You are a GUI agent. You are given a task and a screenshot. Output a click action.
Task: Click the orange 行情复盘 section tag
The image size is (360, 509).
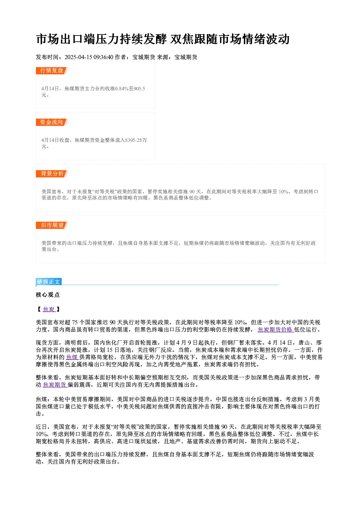pos(52,71)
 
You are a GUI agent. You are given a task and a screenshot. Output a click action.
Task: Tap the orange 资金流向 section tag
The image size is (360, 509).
pos(52,122)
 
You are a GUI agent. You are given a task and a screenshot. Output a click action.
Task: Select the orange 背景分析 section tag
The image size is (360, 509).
pos(52,174)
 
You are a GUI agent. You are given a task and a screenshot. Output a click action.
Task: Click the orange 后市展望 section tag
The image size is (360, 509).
pos(52,225)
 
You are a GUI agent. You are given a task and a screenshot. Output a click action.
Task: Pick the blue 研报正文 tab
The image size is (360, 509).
pos(49,282)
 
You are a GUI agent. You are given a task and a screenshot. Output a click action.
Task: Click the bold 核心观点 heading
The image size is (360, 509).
pos(48,295)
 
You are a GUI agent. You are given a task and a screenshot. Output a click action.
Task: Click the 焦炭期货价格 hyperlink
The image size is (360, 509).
pos(275,329)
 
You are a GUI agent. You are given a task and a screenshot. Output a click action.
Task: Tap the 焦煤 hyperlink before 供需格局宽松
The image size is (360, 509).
pos(72,357)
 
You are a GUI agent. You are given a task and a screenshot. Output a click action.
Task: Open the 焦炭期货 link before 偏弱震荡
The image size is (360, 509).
pos(55,385)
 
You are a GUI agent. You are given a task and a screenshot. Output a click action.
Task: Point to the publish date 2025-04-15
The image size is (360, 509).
pos(78,57)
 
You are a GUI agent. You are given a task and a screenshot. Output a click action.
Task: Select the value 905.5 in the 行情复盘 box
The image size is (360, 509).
pos(139,89)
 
